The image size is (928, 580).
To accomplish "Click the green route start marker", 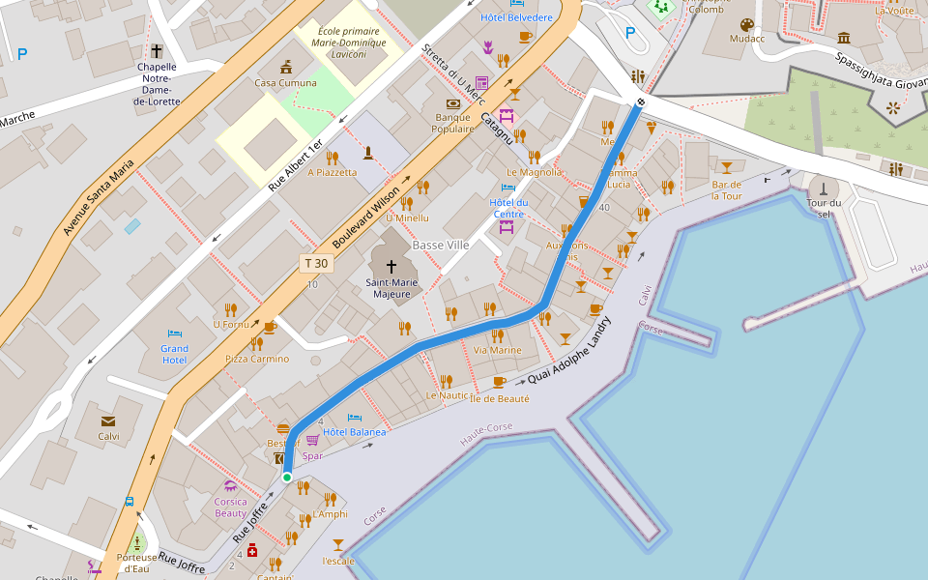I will click(x=287, y=477).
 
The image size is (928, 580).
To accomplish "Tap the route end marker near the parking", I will click(x=641, y=101).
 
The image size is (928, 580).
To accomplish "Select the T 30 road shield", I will click(x=316, y=263).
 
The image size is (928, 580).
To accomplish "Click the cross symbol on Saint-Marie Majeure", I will click(x=392, y=266).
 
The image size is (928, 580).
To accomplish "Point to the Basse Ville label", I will click(x=441, y=246).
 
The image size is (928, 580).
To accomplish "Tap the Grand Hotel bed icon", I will click(x=175, y=333).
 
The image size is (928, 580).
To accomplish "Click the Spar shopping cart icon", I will click(x=312, y=440).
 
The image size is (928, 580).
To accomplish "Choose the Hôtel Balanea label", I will click(x=355, y=432).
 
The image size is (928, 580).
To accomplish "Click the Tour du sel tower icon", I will click(x=824, y=187).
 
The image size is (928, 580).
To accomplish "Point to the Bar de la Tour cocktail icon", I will click(x=726, y=167).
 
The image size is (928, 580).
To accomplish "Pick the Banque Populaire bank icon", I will click(x=452, y=103).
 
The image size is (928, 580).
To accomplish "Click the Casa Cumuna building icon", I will click(x=285, y=67).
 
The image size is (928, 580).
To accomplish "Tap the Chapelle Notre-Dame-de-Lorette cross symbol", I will click(x=157, y=50).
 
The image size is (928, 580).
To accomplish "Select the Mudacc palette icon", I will click(x=746, y=24).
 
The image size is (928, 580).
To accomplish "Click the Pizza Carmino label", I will click(x=257, y=359).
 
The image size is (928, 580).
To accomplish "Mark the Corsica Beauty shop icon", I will click(x=230, y=485).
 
